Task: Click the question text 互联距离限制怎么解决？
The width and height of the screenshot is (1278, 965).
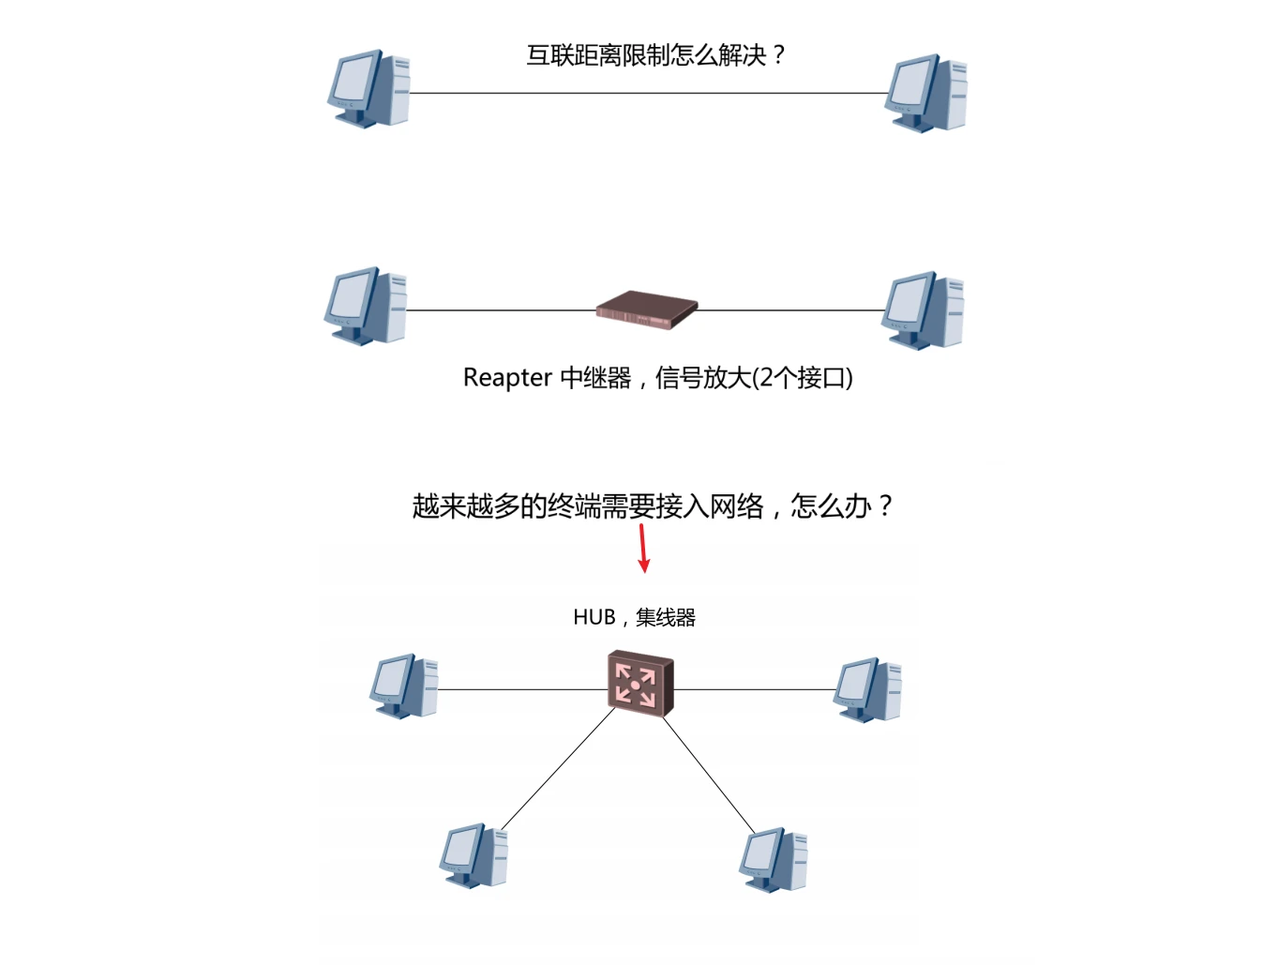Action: [x=655, y=56]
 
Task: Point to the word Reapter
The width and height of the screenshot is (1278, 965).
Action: [x=506, y=378]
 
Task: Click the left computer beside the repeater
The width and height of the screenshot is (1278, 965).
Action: [x=366, y=306]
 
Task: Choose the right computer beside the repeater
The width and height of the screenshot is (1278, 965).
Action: [x=923, y=309]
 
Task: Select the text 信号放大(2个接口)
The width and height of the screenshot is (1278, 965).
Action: [x=754, y=378]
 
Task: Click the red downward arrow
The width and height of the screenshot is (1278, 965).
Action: [x=643, y=548]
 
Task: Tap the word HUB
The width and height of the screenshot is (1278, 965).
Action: [x=594, y=618]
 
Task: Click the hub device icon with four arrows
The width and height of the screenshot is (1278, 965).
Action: [x=640, y=684]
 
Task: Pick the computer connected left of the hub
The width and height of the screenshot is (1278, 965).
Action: [x=404, y=686]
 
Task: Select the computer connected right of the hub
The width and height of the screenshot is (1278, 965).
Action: [x=868, y=689]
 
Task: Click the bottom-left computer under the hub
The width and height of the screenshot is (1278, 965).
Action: [x=474, y=855]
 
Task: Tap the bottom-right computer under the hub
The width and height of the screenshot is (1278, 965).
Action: [x=774, y=859]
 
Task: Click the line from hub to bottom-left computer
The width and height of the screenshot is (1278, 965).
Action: [x=559, y=768]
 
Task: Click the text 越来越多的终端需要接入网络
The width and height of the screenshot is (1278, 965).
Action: [x=588, y=506]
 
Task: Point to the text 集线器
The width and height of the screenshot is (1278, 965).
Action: [x=666, y=618]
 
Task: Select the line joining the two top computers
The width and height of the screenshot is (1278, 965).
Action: [x=647, y=94]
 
